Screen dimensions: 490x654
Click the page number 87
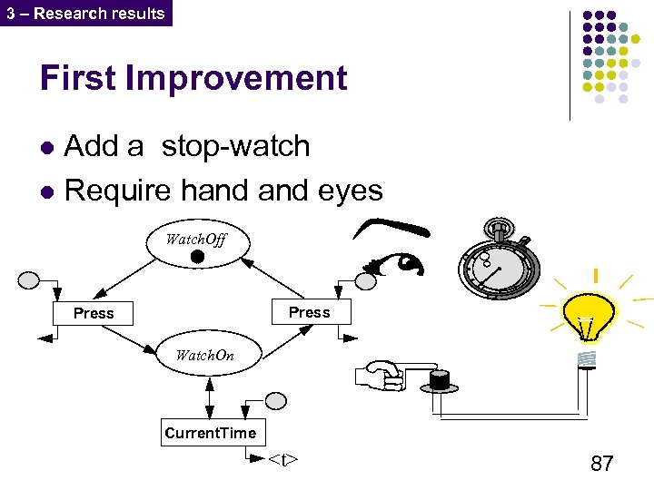pos(601,464)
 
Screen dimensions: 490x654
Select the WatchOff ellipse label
pos(195,240)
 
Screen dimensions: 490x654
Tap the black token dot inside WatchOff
pos(197,259)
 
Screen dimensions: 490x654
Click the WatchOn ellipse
pos(205,355)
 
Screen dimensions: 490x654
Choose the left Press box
pos(94,313)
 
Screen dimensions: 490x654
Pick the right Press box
pos(309,312)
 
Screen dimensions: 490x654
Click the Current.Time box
pos(211,433)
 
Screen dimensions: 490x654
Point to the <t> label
pos(282,460)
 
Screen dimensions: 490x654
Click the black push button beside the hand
pos(441,378)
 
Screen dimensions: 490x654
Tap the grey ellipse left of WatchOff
pos(28,279)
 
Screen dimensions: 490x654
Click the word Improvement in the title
pos(237,78)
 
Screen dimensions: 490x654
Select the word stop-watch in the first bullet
pos(235,146)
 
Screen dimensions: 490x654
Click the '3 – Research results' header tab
pos(85,13)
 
